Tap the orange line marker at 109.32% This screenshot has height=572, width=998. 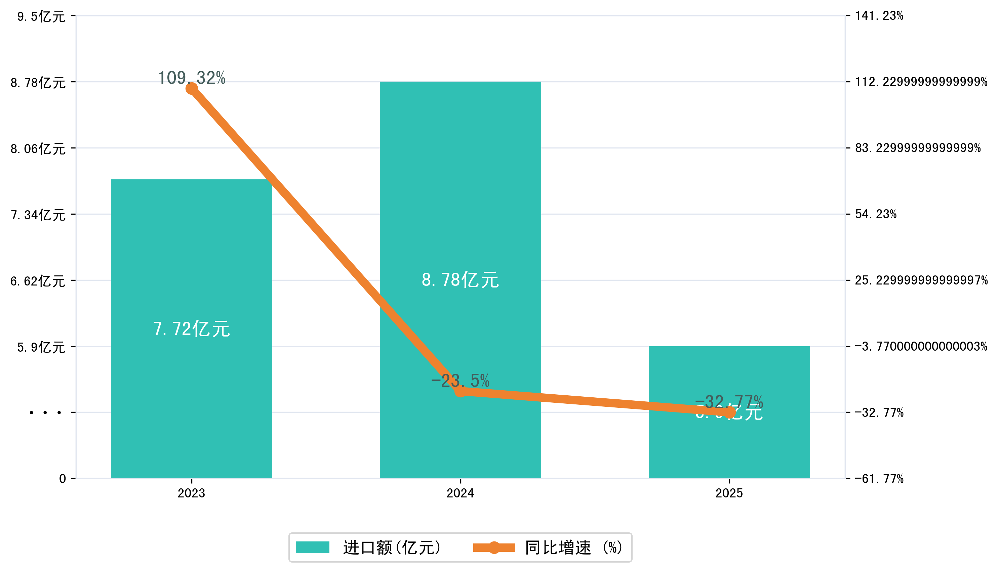191,89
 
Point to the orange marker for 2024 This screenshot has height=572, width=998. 460,391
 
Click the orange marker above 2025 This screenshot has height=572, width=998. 729,412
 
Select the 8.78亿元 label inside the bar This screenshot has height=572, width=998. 460,280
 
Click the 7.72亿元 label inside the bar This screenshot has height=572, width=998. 191,329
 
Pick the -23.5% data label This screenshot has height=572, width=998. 460,381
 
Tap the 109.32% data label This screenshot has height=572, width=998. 191,78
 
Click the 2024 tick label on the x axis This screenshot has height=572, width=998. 460,493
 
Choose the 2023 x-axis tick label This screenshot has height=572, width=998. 191,493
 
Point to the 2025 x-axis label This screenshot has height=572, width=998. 729,493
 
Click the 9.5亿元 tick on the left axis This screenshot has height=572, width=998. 41,16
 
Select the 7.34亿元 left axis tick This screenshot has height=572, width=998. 38,215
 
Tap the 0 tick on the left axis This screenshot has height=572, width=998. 63,479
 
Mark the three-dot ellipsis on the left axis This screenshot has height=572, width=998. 45,412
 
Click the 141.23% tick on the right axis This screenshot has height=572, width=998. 879,16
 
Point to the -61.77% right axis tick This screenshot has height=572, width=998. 879,479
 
